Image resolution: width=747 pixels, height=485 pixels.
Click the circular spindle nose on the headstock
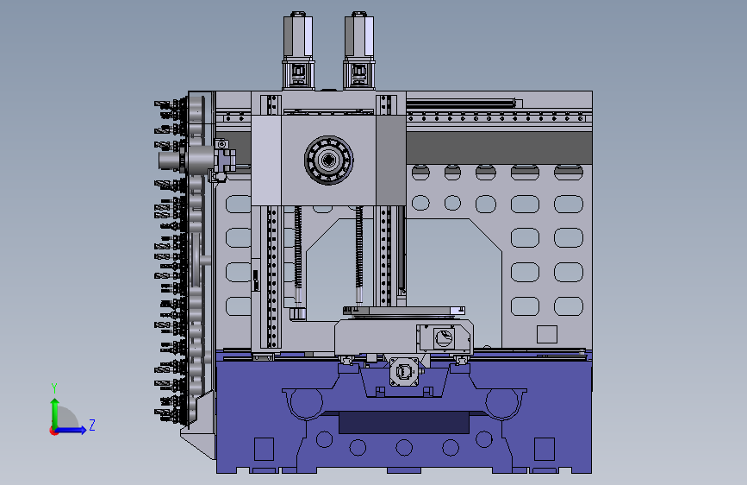[329, 160]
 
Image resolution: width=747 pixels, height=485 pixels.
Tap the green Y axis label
[54, 388]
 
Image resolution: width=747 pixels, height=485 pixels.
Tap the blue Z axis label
[92, 425]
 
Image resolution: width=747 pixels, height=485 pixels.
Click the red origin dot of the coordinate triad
[53, 431]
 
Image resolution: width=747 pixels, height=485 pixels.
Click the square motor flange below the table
[404, 371]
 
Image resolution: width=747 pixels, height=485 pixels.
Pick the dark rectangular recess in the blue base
[404, 423]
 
